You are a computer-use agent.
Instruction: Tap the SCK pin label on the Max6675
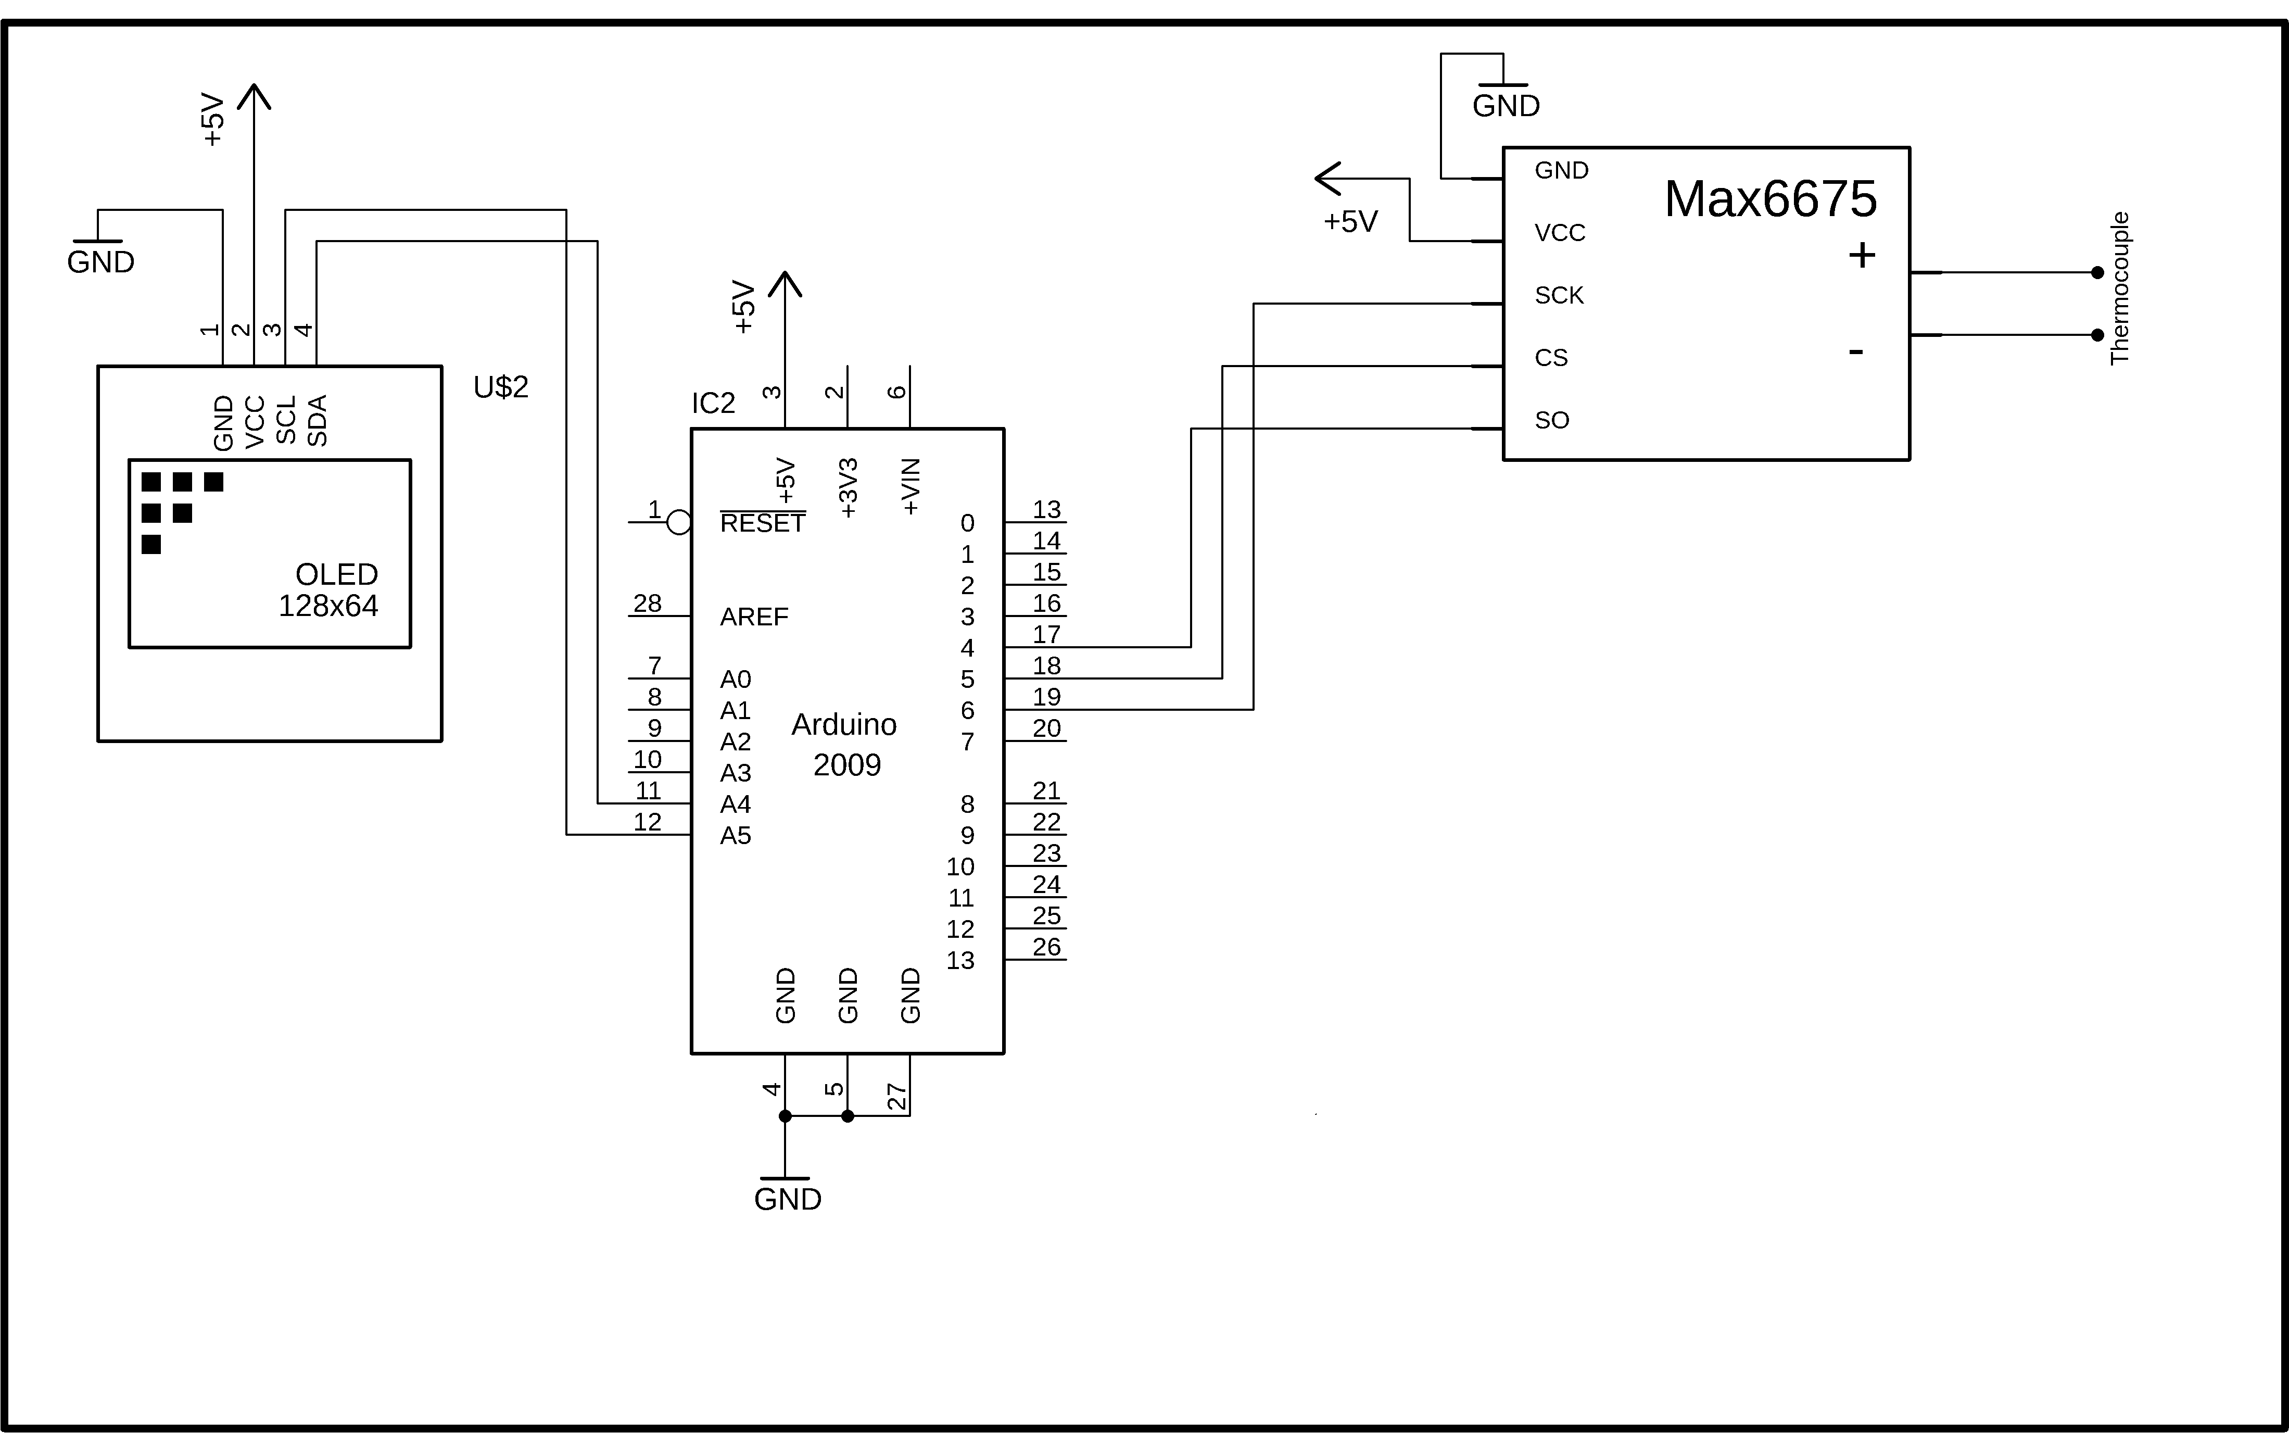1559,296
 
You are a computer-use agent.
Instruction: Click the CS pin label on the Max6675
1551,358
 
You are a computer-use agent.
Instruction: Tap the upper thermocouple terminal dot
2097,273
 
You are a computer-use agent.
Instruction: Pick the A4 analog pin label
735,805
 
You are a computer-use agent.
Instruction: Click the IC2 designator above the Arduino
713,404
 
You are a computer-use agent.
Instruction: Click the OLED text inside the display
336,574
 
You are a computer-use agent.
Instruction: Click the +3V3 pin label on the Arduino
848,488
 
